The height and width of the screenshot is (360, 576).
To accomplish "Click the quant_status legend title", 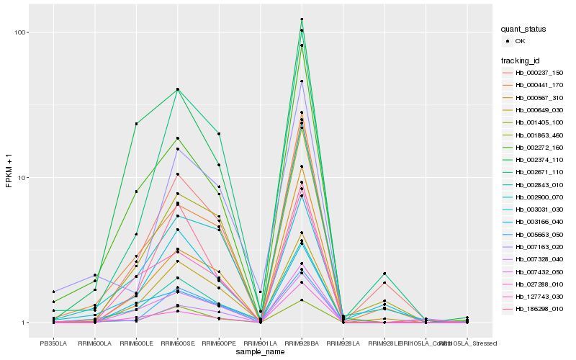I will (x=524, y=29).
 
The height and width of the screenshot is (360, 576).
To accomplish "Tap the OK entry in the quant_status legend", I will (x=520, y=41).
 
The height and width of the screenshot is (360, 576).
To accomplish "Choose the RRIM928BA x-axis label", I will (x=302, y=343).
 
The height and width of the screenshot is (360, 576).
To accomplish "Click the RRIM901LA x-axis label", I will (x=260, y=343).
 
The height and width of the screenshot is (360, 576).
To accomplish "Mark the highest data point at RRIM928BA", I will (x=302, y=19).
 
